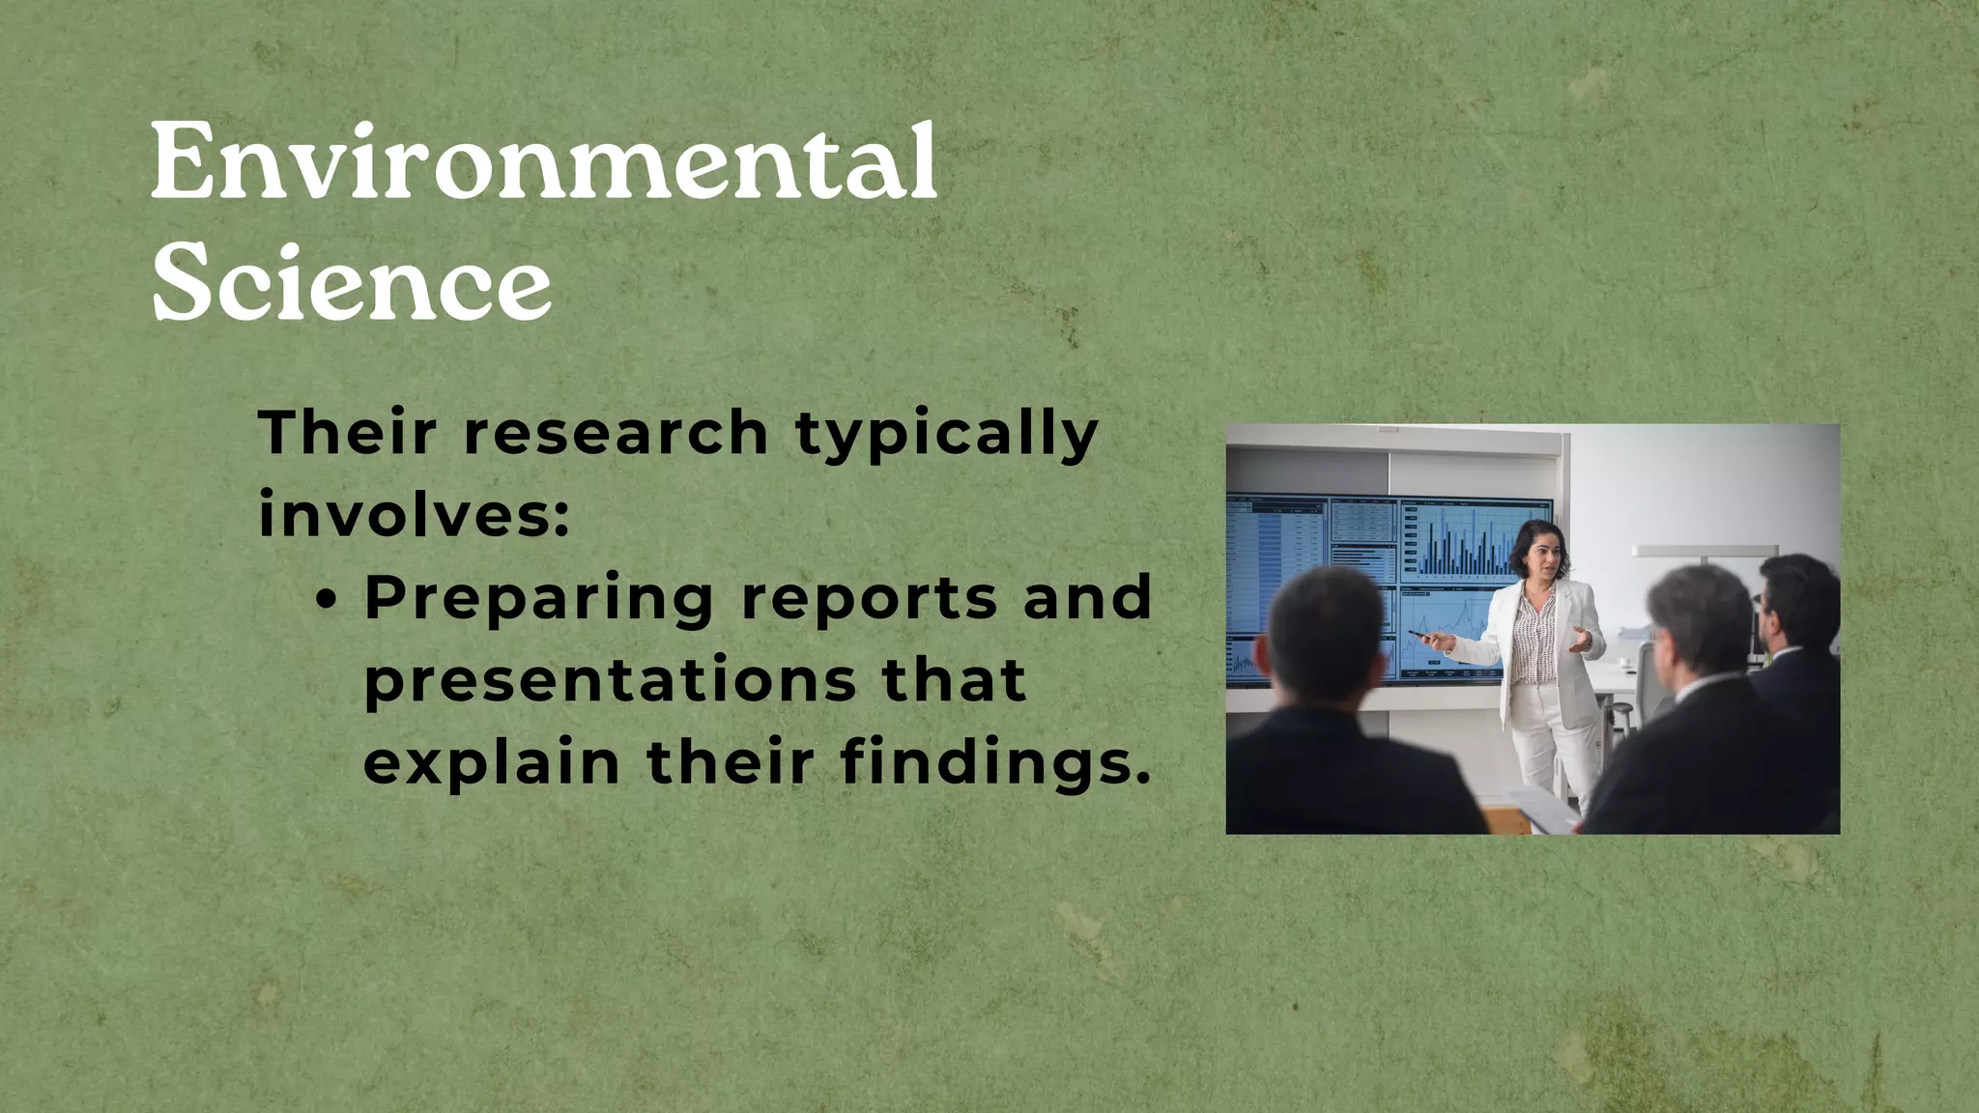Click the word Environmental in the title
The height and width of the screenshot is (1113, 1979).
click(543, 162)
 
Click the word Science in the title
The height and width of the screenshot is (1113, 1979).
click(352, 283)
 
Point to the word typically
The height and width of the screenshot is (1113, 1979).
click(947, 435)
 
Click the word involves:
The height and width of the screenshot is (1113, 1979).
click(415, 515)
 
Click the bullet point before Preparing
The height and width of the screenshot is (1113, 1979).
click(329, 600)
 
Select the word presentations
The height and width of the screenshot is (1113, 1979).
click(610, 680)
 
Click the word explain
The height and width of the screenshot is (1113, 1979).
click(491, 762)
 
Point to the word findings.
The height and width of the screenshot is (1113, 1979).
click(995, 764)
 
